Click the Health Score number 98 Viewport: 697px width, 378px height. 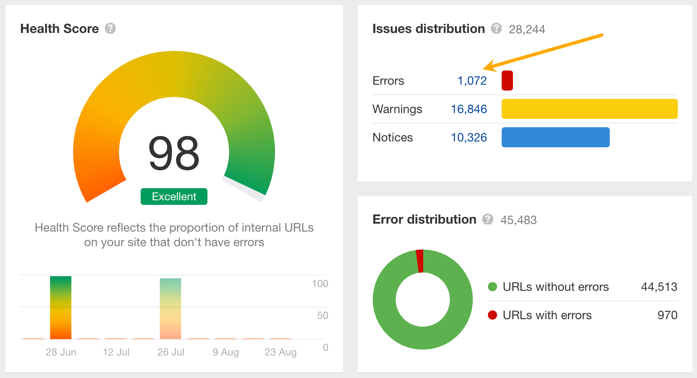[174, 154]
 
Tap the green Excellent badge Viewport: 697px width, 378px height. [174, 197]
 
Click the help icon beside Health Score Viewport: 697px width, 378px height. [110, 28]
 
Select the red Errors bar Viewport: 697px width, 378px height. [507, 81]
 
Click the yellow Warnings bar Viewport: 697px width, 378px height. [589, 109]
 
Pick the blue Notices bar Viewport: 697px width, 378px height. [555, 137]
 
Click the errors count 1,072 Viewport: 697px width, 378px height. [472, 81]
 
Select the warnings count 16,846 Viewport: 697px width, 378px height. [469, 109]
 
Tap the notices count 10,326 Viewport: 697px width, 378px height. [469, 137]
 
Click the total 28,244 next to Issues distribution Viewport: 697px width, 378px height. [527, 29]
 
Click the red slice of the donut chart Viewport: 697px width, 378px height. [420, 261]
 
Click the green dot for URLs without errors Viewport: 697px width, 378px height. [492, 287]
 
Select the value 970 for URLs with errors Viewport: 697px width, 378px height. [667, 315]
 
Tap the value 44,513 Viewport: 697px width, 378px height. [659, 287]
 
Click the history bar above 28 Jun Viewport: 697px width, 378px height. [61, 307]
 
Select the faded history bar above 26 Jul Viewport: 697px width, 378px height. [170, 309]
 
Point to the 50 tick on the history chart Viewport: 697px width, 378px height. [322, 315]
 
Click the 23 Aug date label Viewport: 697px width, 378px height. [280, 352]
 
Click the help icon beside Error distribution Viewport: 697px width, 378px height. [487, 219]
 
